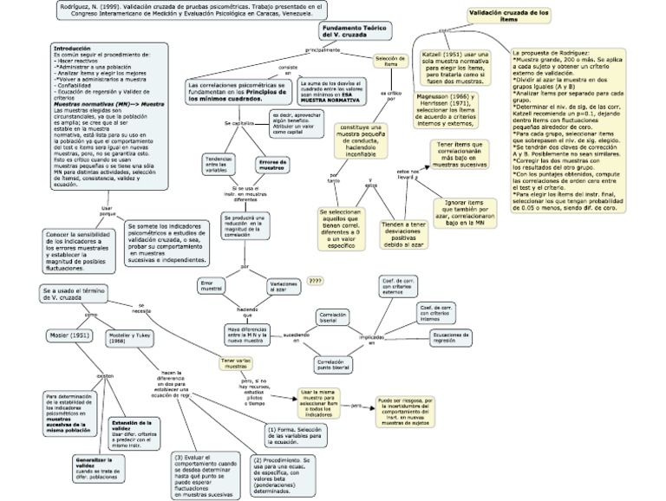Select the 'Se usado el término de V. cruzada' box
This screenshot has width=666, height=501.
click(72, 295)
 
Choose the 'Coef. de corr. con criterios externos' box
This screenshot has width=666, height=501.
click(399, 287)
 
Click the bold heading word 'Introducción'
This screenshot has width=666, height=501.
click(73, 47)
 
